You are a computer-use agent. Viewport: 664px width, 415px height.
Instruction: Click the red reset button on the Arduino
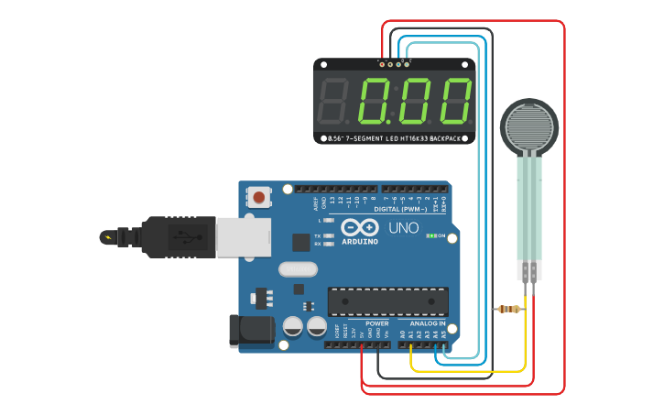click(260, 197)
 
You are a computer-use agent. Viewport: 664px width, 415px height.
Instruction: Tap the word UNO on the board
click(403, 228)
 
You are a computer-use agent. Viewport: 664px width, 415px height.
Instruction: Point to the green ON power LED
click(430, 235)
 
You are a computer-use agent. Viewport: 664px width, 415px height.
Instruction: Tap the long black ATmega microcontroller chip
click(388, 300)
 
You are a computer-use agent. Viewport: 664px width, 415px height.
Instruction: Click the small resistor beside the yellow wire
click(508, 309)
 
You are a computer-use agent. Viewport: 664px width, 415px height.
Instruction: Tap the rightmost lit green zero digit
click(455, 101)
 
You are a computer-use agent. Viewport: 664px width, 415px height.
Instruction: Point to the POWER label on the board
click(376, 323)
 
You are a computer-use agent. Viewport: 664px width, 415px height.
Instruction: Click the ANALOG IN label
click(427, 323)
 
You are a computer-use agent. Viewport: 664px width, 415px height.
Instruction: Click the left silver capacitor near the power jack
click(293, 326)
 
